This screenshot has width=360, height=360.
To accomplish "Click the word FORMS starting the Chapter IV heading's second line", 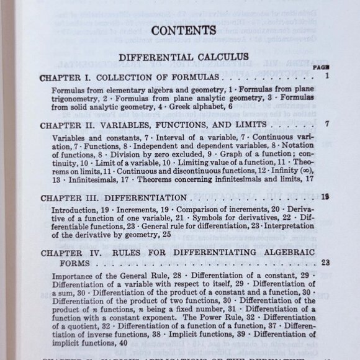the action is point(54,263).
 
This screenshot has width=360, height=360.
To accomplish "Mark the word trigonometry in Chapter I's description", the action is point(70,99).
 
